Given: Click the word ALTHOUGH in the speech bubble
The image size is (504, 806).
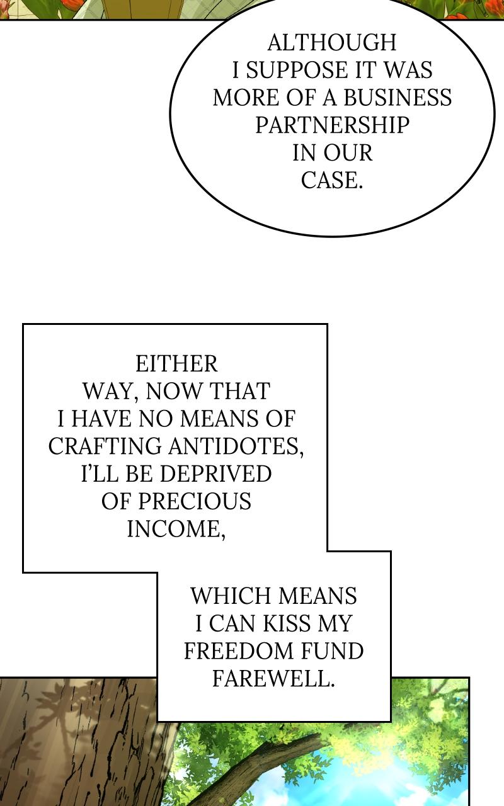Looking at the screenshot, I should [332, 42].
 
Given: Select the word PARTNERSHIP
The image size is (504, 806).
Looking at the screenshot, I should [332, 125].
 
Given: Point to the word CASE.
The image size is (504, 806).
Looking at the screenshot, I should [332, 181].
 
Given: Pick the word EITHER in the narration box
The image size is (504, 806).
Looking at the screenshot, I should [176, 363].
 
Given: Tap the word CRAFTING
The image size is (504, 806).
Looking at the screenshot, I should [105, 446].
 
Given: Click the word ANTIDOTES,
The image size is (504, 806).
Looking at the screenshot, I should [236, 446].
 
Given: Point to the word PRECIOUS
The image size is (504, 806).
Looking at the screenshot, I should [195, 501].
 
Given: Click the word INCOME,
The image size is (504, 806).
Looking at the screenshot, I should [176, 529].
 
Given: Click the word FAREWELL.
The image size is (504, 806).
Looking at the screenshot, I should [273, 679].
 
